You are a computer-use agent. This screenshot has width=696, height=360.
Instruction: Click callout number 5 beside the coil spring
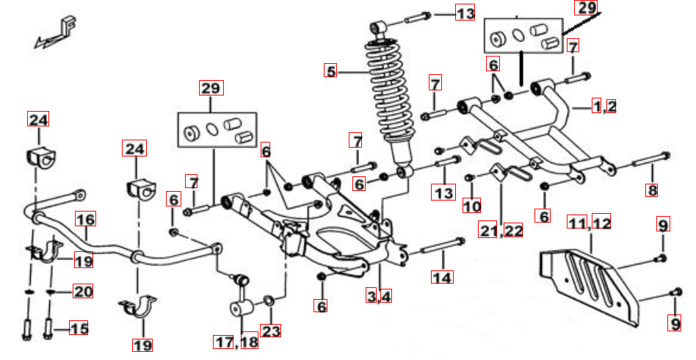click(331, 71)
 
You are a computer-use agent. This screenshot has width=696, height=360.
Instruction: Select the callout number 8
click(652, 190)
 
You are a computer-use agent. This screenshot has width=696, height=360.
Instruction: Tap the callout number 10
click(471, 206)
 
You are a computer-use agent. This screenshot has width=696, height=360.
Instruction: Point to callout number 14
click(443, 277)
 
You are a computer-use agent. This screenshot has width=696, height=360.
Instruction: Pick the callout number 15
click(79, 328)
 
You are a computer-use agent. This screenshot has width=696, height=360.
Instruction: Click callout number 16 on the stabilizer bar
click(86, 219)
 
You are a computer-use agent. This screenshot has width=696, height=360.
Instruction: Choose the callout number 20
click(83, 292)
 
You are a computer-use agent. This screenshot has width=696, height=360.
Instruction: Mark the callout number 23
click(271, 331)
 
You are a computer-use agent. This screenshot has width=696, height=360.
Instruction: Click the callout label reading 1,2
click(605, 106)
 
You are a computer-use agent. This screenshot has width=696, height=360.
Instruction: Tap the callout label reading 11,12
click(590, 222)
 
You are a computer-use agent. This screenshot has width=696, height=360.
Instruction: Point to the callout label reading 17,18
click(236, 342)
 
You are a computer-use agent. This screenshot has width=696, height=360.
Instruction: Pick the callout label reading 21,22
click(504, 231)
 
